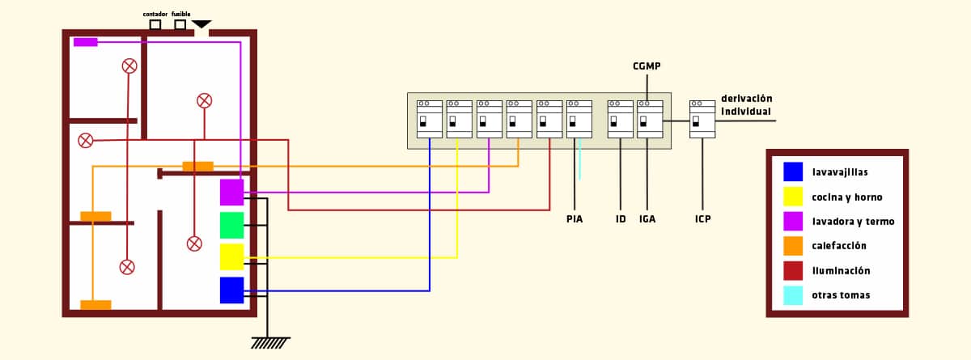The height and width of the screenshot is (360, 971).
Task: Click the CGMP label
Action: coord(647,66)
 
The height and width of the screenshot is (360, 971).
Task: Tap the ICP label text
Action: coord(702,219)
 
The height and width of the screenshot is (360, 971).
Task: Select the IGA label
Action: coord(647,219)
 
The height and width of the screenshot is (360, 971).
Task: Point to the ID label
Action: coord(621,219)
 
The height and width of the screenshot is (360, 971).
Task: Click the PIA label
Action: coord(575,219)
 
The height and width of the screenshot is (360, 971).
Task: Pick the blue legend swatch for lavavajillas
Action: coord(793,172)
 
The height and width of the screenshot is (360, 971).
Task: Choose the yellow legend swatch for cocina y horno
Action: coord(793,197)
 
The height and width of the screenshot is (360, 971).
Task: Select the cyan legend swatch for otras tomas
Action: coord(793,295)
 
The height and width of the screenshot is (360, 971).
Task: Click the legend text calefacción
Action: coord(839,246)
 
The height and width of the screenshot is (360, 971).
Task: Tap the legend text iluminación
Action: coord(841,271)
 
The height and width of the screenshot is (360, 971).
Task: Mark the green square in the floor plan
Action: coord(232,225)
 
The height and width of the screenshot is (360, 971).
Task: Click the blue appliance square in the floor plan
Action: coord(232,290)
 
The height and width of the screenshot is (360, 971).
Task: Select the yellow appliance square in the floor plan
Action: coord(232,256)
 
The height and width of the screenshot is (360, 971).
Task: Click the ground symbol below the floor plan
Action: coord(269,342)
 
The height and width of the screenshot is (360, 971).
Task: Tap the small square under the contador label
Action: coord(155,25)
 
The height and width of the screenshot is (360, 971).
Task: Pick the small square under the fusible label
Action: coord(180,25)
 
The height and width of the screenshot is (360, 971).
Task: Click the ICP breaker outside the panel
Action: coord(702,119)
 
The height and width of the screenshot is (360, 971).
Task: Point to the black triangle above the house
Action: coord(201,24)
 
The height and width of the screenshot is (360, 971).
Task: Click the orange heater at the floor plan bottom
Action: coord(95,305)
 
